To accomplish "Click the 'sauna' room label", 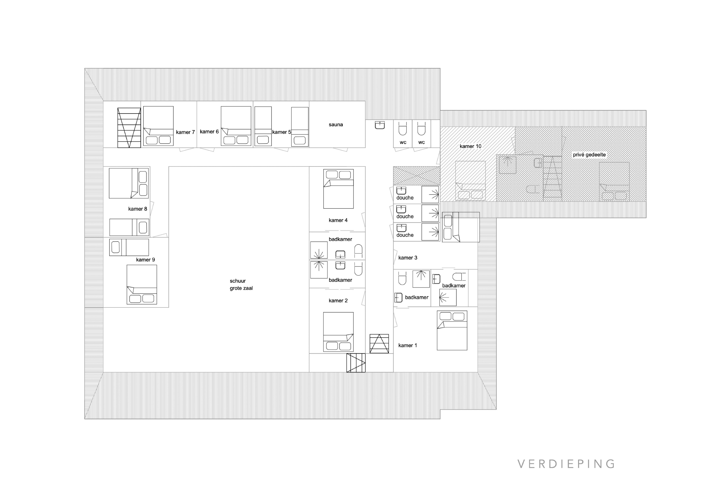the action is [336, 125].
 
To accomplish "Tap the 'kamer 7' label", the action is [185, 132].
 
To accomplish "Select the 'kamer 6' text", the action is [209, 132].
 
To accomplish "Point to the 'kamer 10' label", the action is [470, 146].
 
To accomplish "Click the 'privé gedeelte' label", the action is [589, 155].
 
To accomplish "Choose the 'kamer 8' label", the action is [138, 209].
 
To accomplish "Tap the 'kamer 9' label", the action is [146, 260].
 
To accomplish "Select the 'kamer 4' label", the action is [338, 220].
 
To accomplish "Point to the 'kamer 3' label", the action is [408, 258].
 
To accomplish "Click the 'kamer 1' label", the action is [408, 346].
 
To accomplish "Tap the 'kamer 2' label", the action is [338, 301].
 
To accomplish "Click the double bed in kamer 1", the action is [452, 330].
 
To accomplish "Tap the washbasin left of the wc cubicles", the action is [380, 125].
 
